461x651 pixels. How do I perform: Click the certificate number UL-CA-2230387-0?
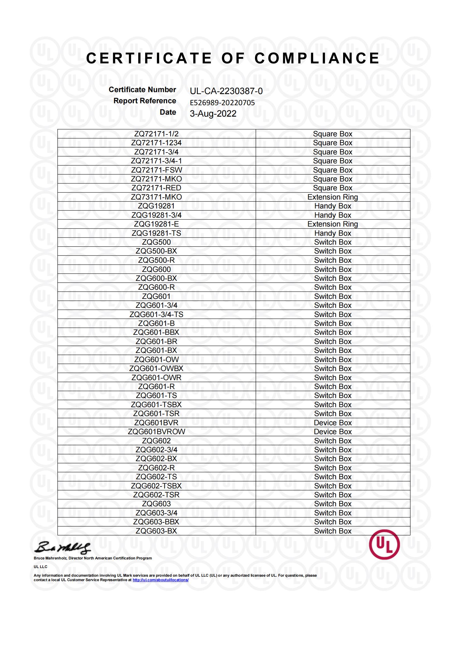click(226, 91)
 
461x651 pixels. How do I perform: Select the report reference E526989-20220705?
click(222, 103)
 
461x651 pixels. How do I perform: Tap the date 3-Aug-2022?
click(213, 114)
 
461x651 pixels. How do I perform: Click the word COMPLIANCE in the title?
click(317, 58)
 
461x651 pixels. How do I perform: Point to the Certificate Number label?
click(142, 90)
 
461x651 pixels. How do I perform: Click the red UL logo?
click(384, 544)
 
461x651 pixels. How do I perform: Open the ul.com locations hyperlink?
click(160, 580)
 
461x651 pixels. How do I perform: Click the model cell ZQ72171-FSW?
click(156, 170)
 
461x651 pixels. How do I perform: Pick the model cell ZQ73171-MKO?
click(156, 197)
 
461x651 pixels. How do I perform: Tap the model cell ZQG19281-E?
click(156, 224)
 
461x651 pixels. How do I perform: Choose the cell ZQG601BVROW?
click(156, 432)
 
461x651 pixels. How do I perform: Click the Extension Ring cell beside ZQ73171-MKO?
click(333, 197)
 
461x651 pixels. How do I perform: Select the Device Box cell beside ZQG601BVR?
click(333, 423)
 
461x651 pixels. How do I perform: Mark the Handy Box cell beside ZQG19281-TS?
click(333, 233)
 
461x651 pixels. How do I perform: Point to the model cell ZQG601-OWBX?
click(156, 369)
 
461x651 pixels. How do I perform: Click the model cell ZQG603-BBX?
click(156, 522)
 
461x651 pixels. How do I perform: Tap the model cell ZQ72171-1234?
click(156, 143)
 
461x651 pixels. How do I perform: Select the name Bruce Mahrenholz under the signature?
click(51, 558)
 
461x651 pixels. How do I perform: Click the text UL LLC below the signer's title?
click(41, 567)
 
